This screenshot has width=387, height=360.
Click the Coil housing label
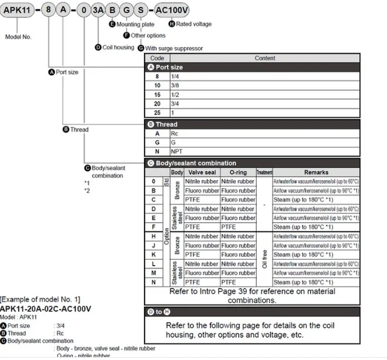click(x=118, y=47)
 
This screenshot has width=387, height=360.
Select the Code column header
click(x=157, y=58)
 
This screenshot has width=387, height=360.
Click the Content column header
click(x=265, y=58)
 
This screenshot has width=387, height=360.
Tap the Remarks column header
click(x=316, y=172)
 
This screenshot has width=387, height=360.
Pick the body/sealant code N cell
click(x=153, y=282)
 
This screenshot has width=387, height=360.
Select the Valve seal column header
click(x=201, y=172)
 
